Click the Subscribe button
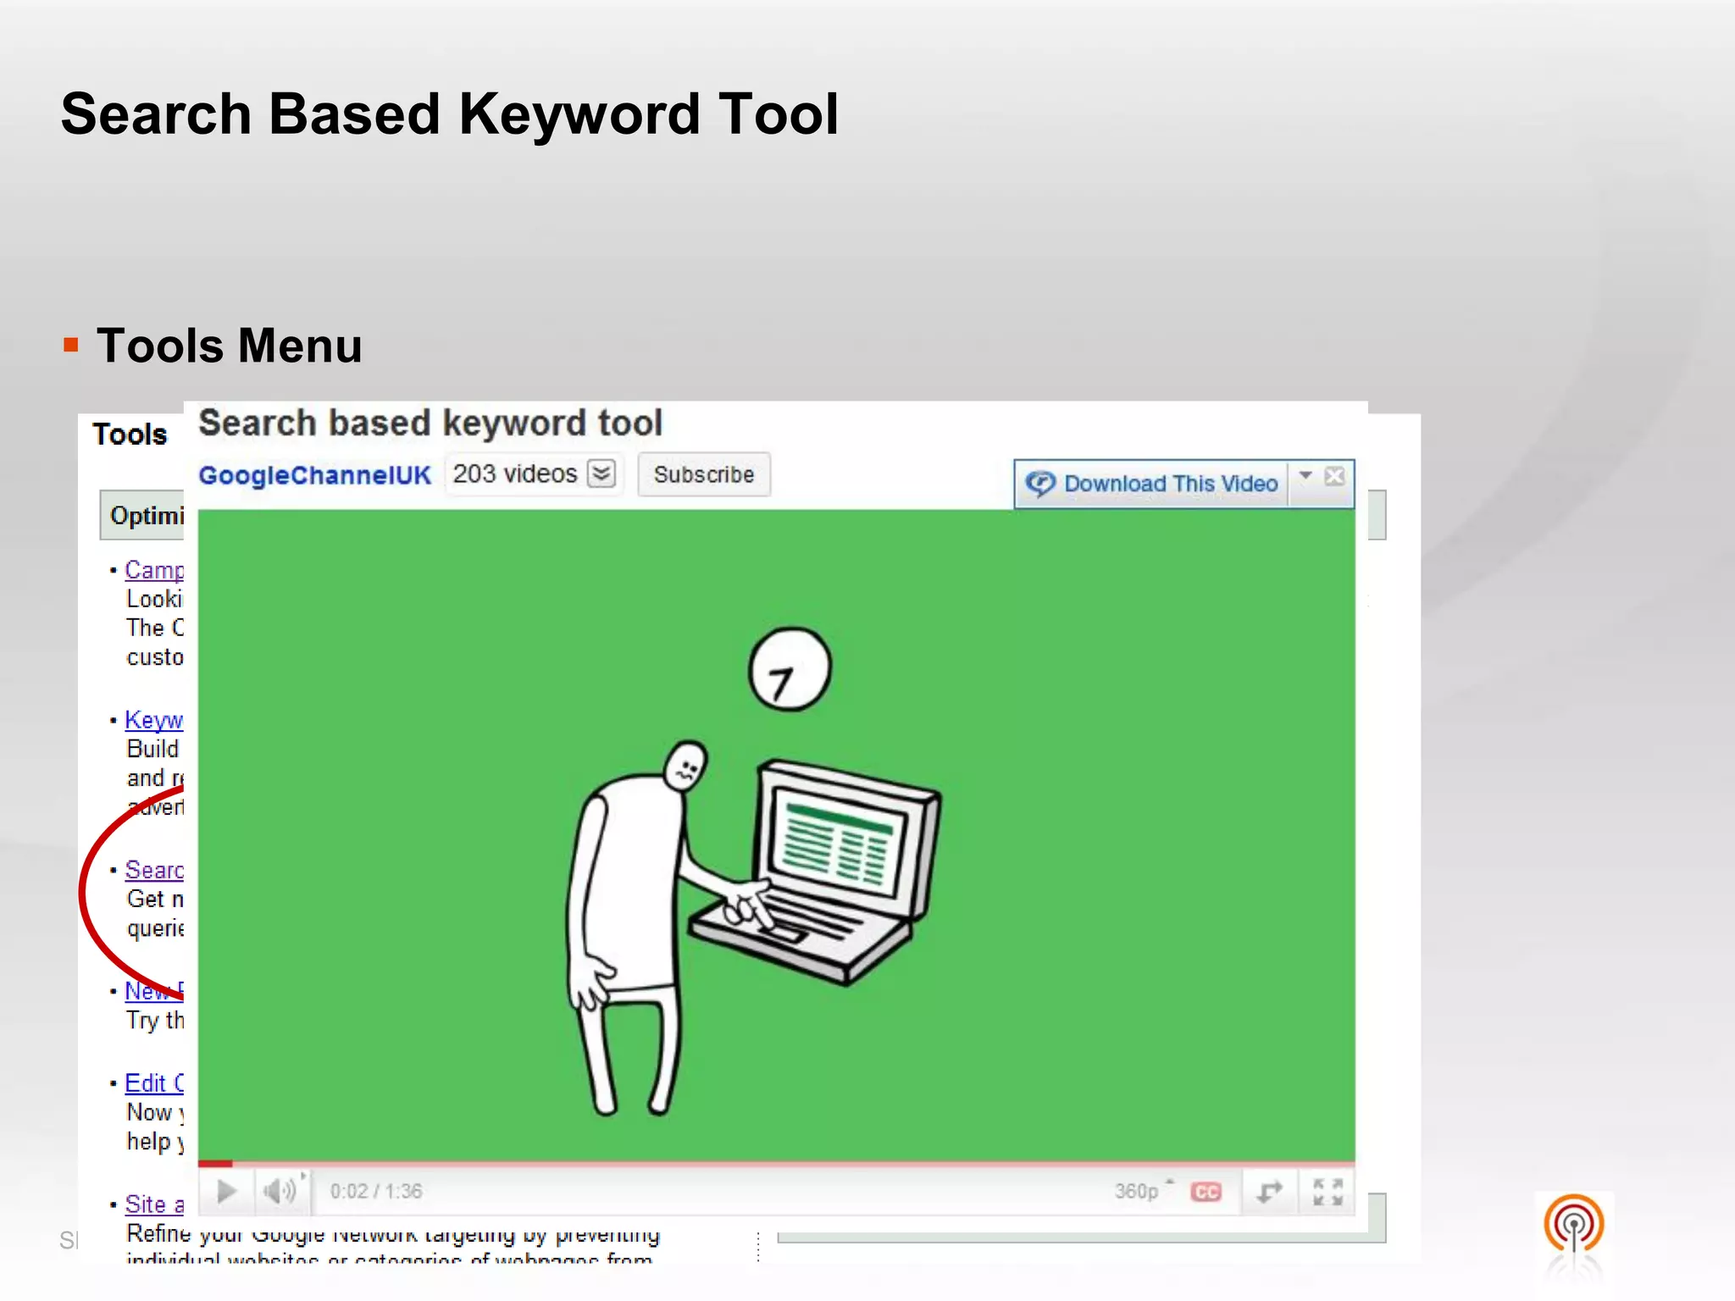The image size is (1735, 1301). tap(703, 474)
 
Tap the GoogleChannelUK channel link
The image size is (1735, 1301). tap(314, 475)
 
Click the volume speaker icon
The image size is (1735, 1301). tap(280, 1191)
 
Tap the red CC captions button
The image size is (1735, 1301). tap(1206, 1192)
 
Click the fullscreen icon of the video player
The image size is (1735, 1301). tap(1328, 1192)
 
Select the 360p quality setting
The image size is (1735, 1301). tap(1137, 1191)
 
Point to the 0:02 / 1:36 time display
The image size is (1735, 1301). tap(375, 1191)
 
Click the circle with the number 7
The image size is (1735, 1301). tap(790, 669)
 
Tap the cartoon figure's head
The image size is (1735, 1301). tap(685, 766)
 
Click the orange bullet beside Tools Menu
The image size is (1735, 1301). tap(71, 346)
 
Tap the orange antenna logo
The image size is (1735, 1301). tap(1573, 1225)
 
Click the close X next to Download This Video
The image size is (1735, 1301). tap(1334, 476)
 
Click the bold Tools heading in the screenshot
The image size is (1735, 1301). tap(130, 435)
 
